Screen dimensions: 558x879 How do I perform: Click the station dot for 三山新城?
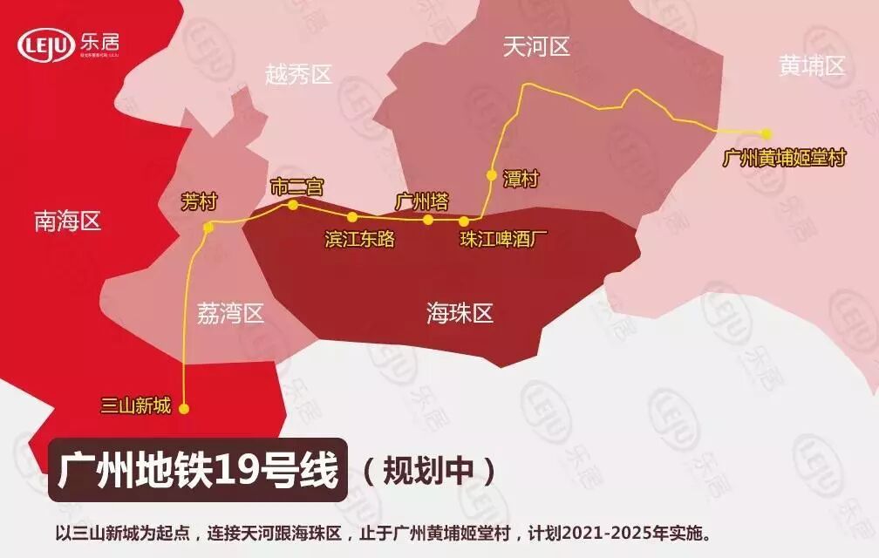[x=183, y=407]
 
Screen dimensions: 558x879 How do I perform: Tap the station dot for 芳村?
[x=208, y=228]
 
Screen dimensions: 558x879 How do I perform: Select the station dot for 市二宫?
[x=293, y=206]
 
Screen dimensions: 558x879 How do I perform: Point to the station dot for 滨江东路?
[x=352, y=217]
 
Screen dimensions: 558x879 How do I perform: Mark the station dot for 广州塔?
[x=428, y=220]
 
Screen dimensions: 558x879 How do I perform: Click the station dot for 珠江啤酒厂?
[x=464, y=221]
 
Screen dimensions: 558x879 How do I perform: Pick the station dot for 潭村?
[x=491, y=174]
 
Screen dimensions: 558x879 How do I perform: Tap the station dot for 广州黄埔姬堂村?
[x=766, y=133]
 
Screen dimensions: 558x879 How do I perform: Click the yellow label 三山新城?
[x=135, y=406]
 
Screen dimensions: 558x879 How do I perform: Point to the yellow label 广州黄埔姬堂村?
[x=785, y=158]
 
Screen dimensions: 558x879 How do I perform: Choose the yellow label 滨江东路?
[x=359, y=239]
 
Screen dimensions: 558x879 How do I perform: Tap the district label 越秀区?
[x=298, y=75]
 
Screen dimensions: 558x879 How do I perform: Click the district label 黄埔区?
[x=812, y=65]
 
